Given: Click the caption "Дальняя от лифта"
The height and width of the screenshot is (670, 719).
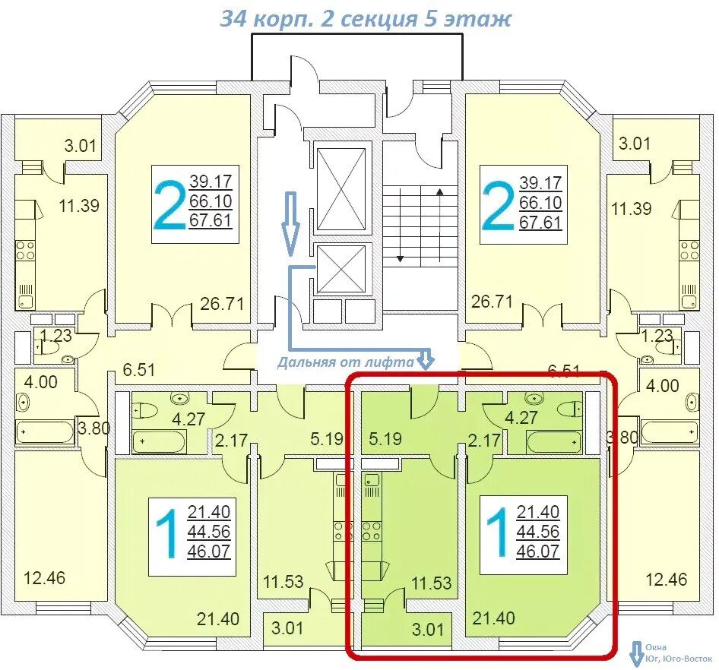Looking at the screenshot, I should (x=345, y=362).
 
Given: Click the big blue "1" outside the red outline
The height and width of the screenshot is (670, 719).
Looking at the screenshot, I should (x=168, y=534).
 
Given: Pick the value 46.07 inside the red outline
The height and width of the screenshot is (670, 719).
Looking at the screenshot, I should (x=538, y=551).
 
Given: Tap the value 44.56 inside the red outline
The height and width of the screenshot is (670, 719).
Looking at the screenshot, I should (x=538, y=531).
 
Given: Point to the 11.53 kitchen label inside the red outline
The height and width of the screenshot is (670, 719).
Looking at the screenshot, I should (x=432, y=583).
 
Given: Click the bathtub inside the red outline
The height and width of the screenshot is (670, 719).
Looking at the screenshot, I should (x=554, y=442).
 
